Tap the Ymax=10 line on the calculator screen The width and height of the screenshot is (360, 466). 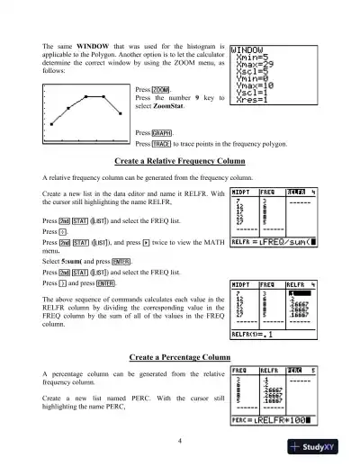click(257, 87)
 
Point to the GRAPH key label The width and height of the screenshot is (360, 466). click(162, 132)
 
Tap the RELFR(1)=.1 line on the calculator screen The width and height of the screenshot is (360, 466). click(257, 333)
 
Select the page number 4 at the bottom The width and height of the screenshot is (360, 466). click(180, 441)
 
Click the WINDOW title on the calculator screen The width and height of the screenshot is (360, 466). click(250, 50)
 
